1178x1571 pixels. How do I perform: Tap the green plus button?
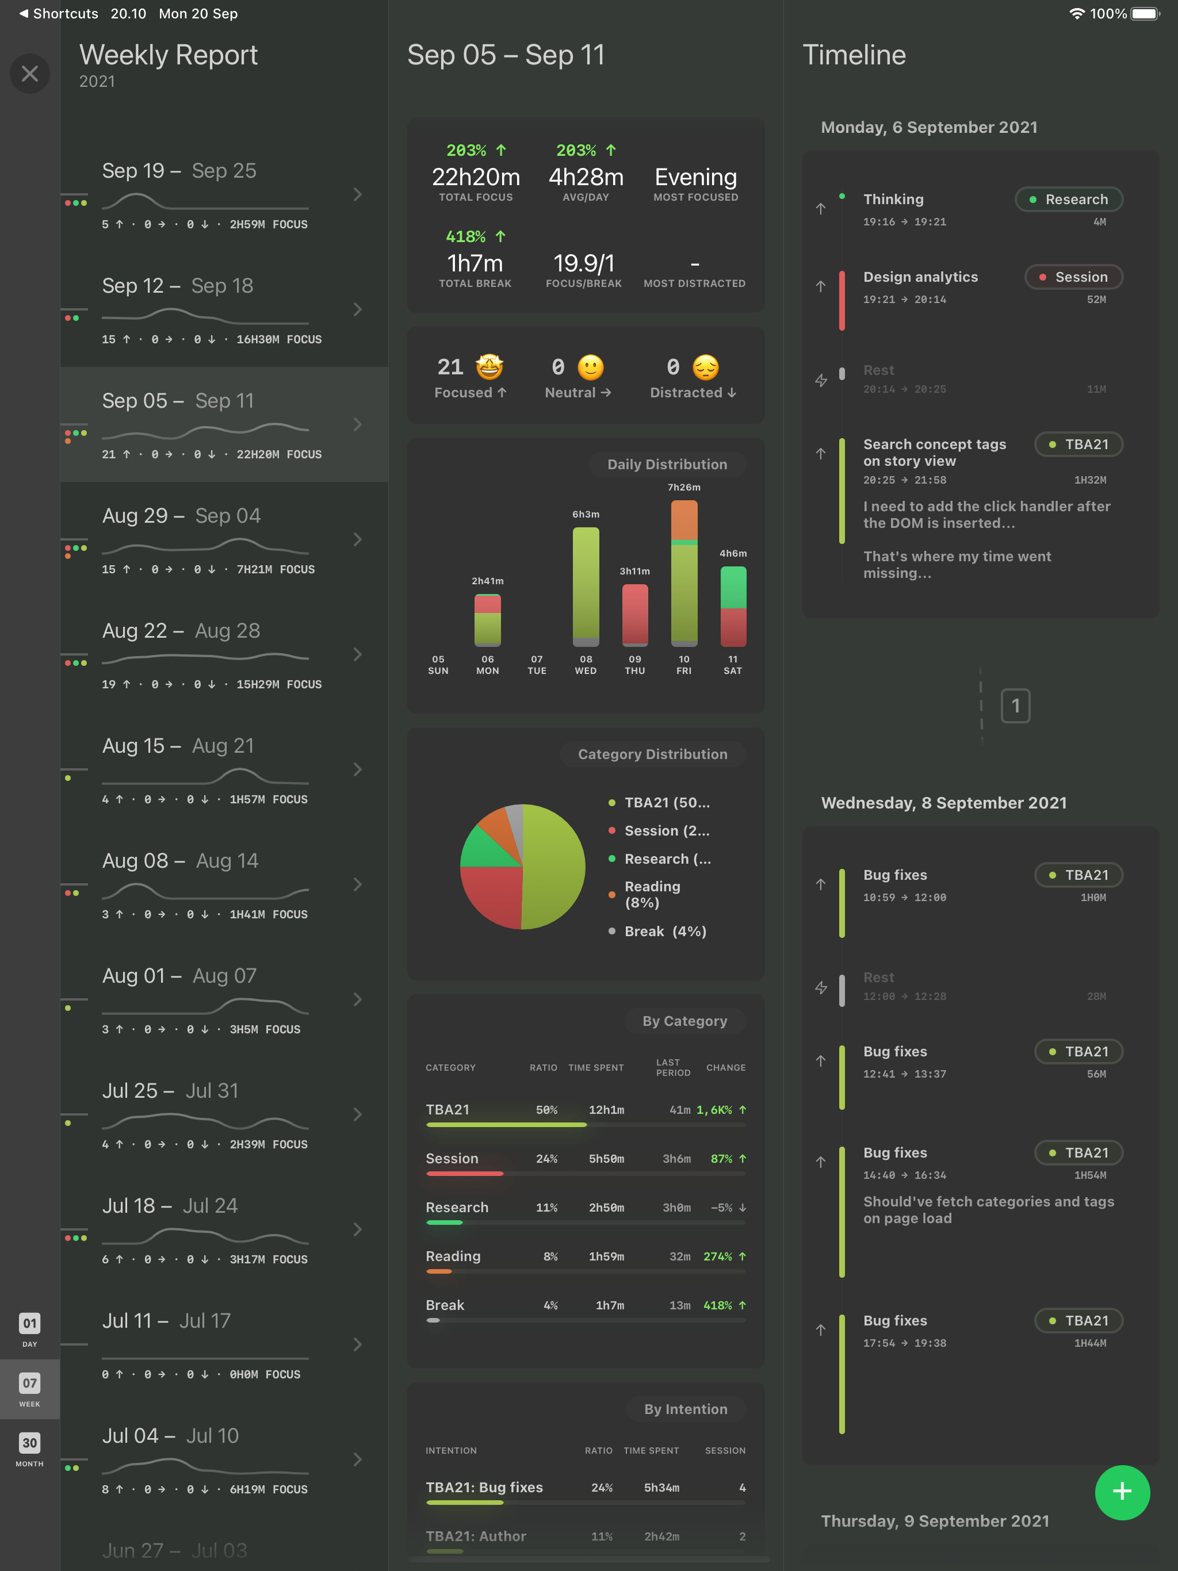pyautogui.click(x=1122, y=1492)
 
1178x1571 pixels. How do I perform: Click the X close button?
pyautogui.click(x=30, y=73)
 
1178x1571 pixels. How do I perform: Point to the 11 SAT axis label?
pyautogui.click(x=733, y=665)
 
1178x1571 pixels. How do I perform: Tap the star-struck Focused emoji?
pyautogui.click(x=489, y=367)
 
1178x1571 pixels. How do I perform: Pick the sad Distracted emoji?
pyautogui.click(x=706, y=367)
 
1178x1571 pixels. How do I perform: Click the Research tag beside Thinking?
pyautogui.click(x=1069, y=200)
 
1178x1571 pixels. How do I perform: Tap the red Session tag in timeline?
pyautogui.click(x=1073, y=277)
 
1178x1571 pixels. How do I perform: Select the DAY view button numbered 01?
pyautogui.click(x=30, y=1329)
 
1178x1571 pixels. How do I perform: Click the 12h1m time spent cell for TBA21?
pyautogui.click(x=606, y=1110)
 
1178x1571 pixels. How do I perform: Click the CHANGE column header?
pyautogui.click(x=725, y=1067)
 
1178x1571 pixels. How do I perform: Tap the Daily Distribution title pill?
pyautogui.click(x=667, y=465)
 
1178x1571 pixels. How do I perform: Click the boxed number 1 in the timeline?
pyautogui.click(x=1015, y=706)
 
